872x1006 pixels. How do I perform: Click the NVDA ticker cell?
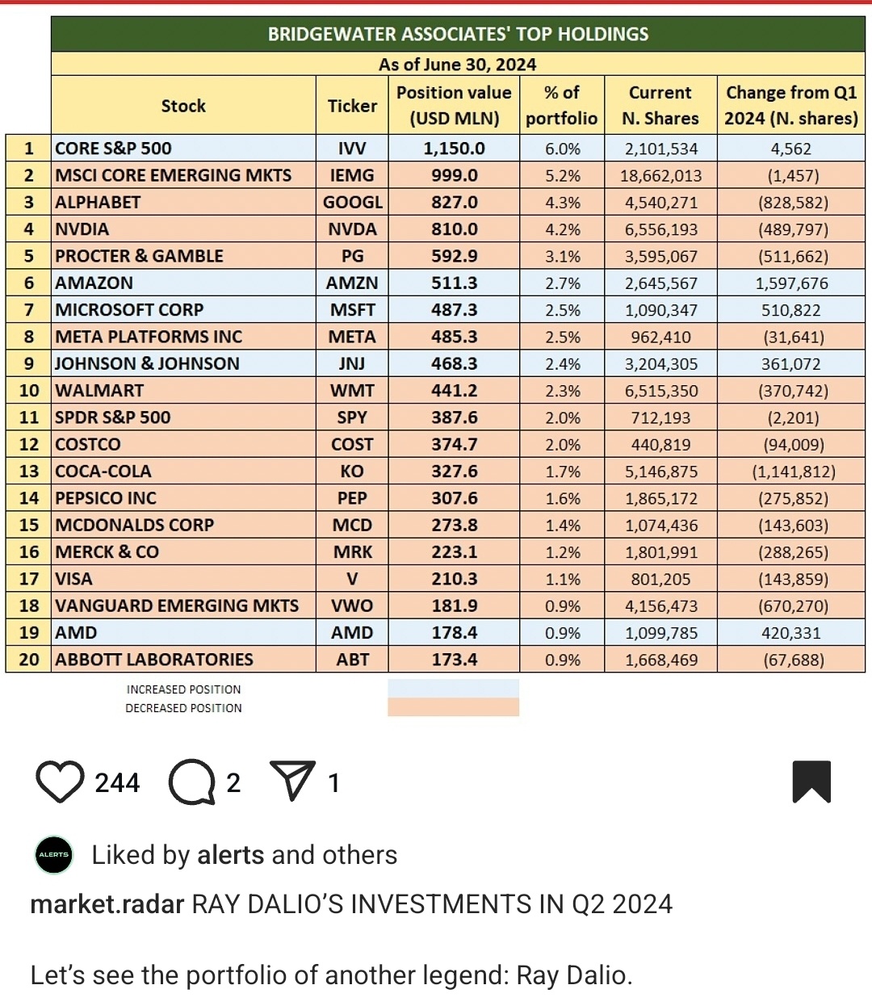pos(352,229)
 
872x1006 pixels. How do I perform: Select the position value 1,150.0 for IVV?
pos(454,149)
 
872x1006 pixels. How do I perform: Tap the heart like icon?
pos(60,782)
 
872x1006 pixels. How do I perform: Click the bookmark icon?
pos(811,782)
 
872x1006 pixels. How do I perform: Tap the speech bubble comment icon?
pos(191,782)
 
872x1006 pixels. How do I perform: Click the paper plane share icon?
pos(291,781)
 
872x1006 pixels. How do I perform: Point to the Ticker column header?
pos(352,106)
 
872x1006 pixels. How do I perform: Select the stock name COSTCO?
pos(88,445)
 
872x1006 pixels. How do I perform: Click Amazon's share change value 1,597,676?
pos(791,283)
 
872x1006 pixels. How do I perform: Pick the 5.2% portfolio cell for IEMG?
pos(562,176)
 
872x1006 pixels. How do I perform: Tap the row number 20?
pos(29,660)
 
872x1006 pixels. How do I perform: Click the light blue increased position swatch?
pos(453,688)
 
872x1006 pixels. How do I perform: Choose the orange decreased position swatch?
pos(453,707)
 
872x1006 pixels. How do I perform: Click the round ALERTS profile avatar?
pos(54,854)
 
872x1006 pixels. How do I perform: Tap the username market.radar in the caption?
pos(107,904)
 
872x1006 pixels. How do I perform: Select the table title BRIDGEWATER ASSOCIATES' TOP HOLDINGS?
pos(458,35)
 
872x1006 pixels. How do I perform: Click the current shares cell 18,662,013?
pos(660,176)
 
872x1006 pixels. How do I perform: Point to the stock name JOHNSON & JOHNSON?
pos(147,364)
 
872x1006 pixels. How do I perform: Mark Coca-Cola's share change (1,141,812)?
pos(791,472)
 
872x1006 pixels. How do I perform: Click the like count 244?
pos(117,782)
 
